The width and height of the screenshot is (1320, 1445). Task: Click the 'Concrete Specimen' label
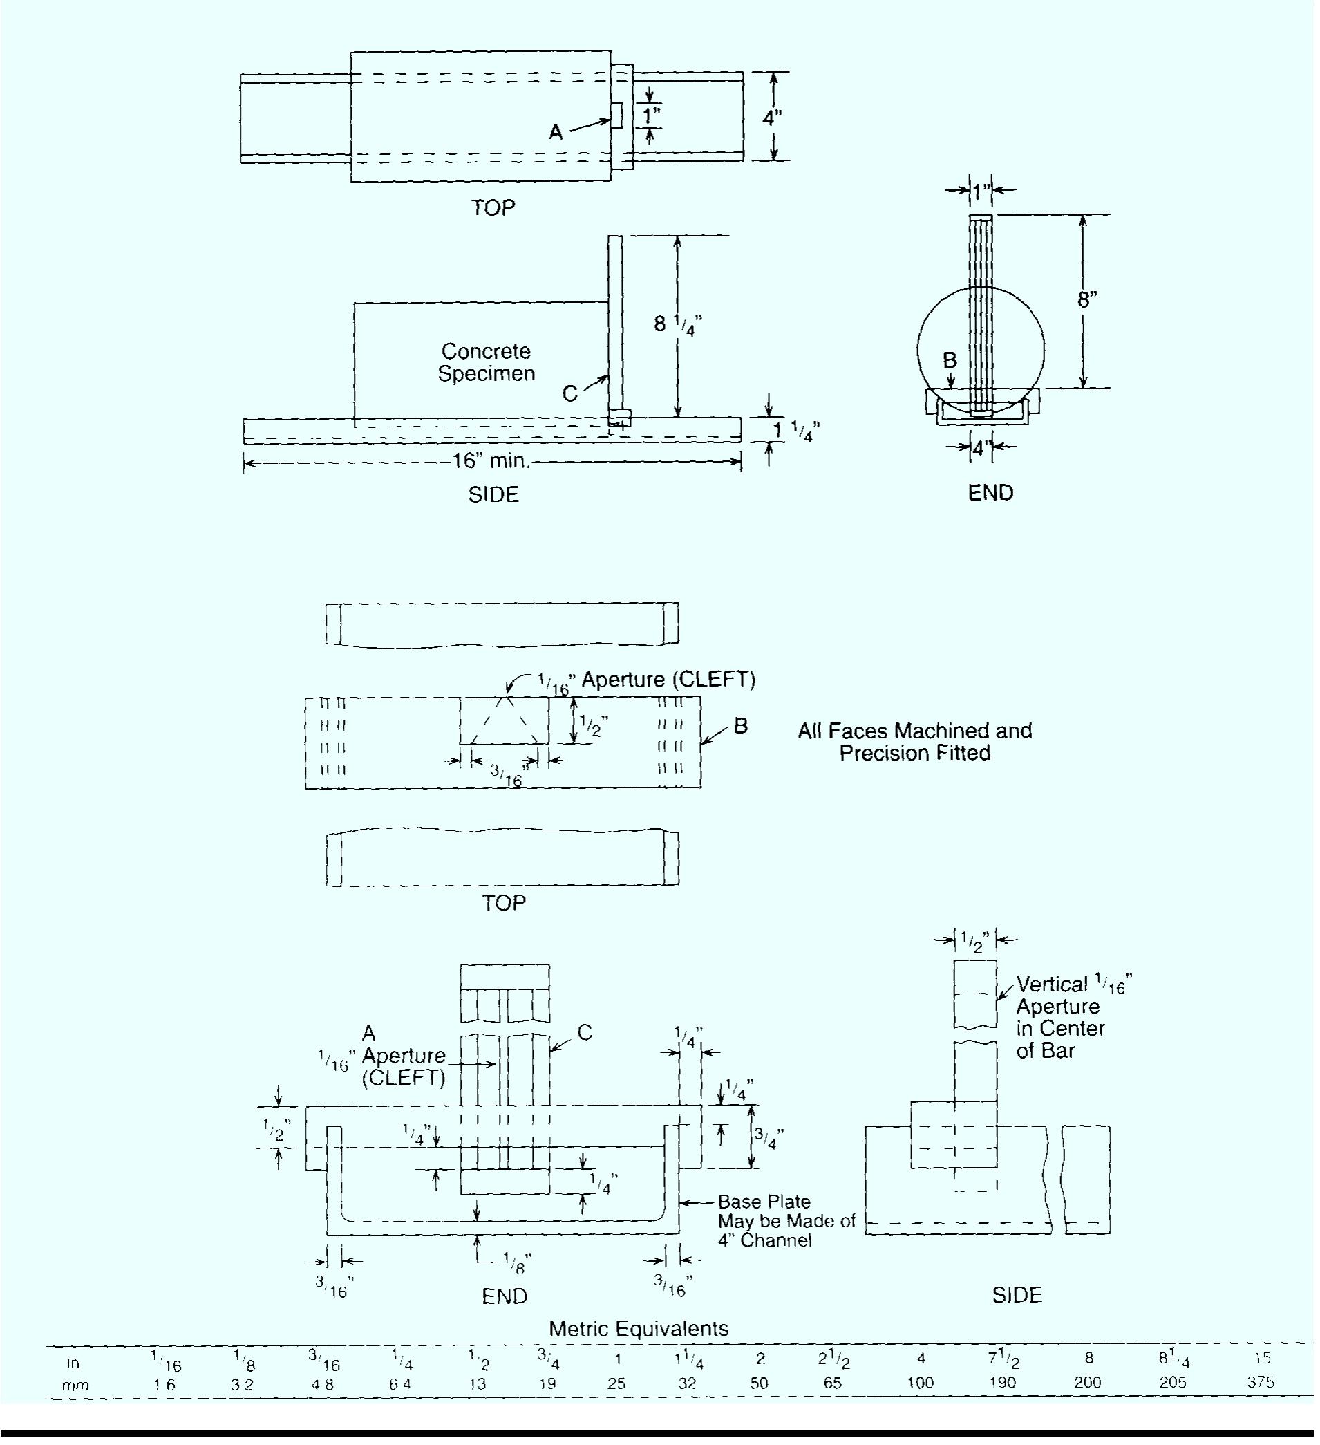click(487, 363)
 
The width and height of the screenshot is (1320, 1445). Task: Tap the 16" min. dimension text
click(491, 461)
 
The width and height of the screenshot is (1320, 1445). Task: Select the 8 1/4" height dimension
click(677, 326)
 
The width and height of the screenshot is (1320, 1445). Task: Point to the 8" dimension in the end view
click(1087, 299)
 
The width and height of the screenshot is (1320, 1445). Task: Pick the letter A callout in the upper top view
click(556, 132)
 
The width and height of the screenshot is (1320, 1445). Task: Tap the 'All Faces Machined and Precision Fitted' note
click(914, 742)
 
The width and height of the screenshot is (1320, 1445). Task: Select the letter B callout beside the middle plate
click(741, 726)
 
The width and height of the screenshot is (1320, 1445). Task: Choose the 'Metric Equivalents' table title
click(638, 1329)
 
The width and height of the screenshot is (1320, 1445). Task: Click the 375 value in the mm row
click(1261, 1383)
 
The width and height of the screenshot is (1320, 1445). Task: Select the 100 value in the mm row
click(920, 1383)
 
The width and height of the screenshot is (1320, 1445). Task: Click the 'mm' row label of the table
click(75, 1385)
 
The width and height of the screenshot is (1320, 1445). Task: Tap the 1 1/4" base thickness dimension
click(795, 431)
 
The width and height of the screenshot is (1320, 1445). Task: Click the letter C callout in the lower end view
click(585, 1032)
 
